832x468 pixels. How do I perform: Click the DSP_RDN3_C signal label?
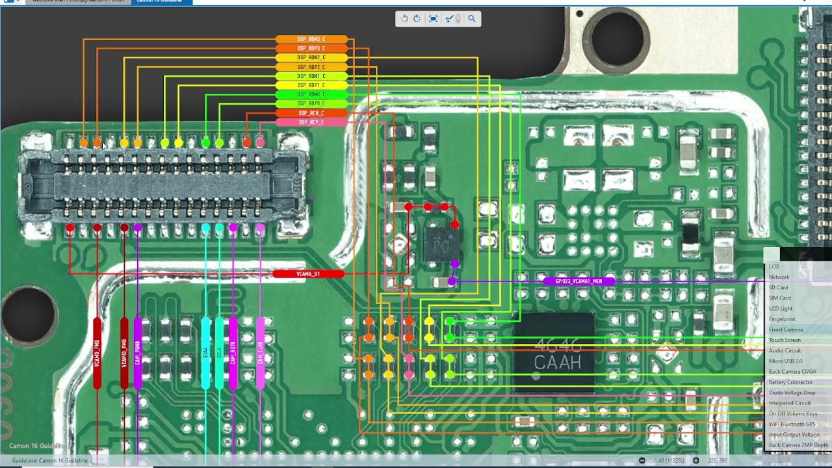(311, 40)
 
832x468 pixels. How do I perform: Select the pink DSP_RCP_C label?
(311, 122)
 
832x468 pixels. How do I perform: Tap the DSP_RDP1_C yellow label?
(311, 85)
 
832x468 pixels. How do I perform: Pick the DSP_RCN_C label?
(311, 113)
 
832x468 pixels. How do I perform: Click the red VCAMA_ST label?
(308, 274)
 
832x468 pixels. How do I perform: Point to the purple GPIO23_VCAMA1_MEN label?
(578, 281)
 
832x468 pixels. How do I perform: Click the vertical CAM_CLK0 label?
(261, 353)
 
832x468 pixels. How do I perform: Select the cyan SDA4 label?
(206, 353)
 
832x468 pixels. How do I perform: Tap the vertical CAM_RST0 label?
(233, 353)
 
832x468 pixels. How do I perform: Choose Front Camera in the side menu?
(786, 330)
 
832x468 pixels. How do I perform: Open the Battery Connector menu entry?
(790, 382)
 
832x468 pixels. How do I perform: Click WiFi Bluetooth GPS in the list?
(792, 424)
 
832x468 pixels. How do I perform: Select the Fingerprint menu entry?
(782, 319)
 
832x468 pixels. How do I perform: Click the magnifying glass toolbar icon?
(472, 19)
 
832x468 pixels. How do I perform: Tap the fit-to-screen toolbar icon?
(434, 19)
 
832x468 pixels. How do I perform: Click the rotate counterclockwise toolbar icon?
(404, 19)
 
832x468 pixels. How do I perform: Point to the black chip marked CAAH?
(554, 354)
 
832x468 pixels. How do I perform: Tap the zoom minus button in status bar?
(642, 461)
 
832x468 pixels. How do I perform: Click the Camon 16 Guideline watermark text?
(36, 446)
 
